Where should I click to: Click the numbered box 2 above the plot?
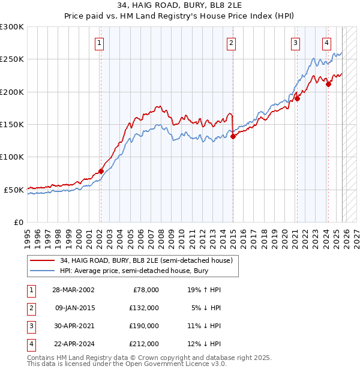coord(231,43)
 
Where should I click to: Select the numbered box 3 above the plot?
coord(296,43)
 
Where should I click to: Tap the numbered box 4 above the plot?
coord(326,43)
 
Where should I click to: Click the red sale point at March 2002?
coord(101,171)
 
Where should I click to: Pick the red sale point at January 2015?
coord(233,136)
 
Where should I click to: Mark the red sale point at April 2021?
coord(297,99)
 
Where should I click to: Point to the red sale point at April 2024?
coord(328,85)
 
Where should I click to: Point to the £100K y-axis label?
coord(12,157)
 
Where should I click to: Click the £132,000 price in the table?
coord(145,307)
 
